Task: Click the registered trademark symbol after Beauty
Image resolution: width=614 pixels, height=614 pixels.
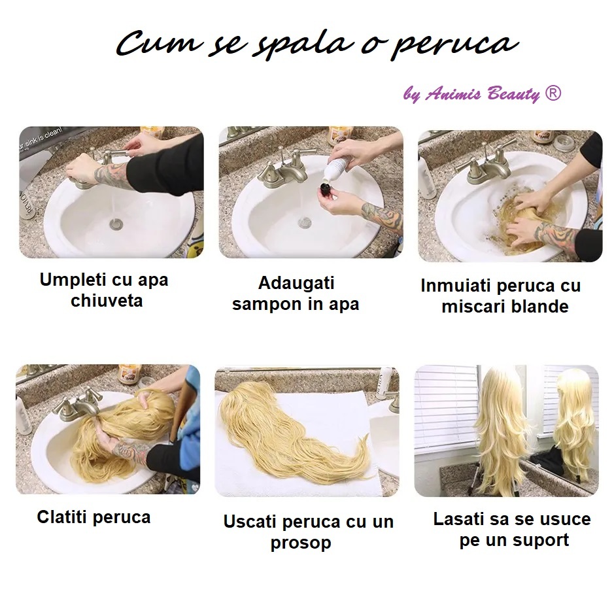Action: [x=553, y=94]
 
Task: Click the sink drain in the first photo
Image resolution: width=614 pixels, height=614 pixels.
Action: [x=116, y=224]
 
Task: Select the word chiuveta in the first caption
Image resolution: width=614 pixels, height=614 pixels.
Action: [x=107, y=301]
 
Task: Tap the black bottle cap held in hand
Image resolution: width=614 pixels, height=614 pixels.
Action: [x=326, y=192]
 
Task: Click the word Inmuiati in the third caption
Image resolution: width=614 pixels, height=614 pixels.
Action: [x=456, y=286]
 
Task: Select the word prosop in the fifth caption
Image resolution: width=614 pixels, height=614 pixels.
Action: [x=301, y=543]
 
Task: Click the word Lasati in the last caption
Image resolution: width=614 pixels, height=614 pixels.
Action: [x=458, y=519]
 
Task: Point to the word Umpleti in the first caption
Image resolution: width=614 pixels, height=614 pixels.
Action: [x=73, y=280]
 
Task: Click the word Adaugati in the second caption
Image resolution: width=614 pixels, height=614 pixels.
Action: [x=296, y=284]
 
